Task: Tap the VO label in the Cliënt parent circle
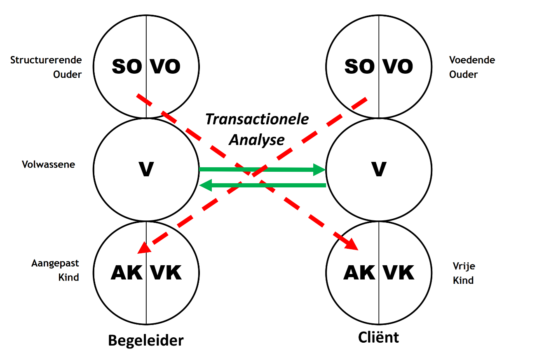click(397, 66)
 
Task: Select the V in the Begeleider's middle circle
click(146, 169)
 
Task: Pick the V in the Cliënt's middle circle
click(379, 169)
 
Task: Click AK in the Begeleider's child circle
click(127, 273)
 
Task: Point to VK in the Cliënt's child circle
click(398, 273)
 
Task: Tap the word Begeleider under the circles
click(146, 341)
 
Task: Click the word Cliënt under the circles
click(379, 337)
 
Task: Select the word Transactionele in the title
click(257, 119)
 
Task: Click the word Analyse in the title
click(257, 139)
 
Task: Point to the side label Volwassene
click(49, 164)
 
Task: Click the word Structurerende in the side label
click(46, 60)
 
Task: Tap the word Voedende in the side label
click(472, 60)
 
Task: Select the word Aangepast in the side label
click(55, 263)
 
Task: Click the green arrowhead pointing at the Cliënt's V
click(320, 169)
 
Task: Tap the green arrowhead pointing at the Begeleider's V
click(205, 185)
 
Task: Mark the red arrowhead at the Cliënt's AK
click(352, 244)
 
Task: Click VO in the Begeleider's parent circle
click(165, 66)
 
